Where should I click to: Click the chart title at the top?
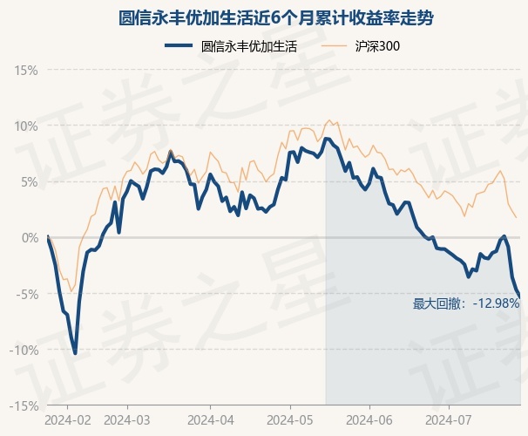pyautogui.click(x=264, y=17)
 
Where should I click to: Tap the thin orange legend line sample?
pyautogui.click(x=337, y=46)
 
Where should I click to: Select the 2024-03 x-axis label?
pyautogui.click(x=127, y=419)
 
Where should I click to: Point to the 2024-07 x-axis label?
pyautogui.click(x=449, y=419)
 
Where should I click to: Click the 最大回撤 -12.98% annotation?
pyautogui.click(x=466, y=303)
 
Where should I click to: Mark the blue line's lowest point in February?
pyautogui.click(x=75, y=353)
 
